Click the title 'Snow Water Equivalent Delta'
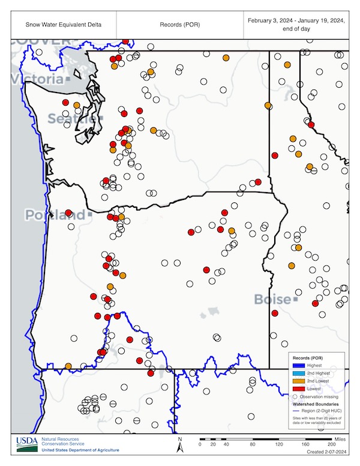pos(63,25)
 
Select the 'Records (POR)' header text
pos(179,25)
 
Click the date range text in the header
pos(296,25)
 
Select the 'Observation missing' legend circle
pos(295,396)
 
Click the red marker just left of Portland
pos(68,213)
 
